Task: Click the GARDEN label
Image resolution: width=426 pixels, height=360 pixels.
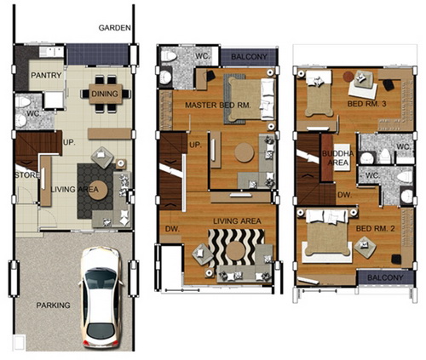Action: point(114,28)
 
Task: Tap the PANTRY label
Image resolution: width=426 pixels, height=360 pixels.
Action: point(46,75)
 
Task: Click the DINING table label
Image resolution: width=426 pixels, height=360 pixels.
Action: point(105,94)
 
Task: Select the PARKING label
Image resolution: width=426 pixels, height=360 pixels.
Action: point(53,306)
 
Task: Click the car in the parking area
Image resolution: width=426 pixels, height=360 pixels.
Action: point(101,297)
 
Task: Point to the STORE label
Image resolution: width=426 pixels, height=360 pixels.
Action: point(26,175)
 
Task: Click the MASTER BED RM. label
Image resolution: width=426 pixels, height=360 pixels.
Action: point(218,106)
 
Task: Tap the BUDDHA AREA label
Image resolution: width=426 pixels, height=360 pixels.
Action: point(338,158)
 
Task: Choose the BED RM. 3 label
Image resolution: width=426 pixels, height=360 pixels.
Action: point(366,104)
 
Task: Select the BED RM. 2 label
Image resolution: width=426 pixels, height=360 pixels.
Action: point(375,229)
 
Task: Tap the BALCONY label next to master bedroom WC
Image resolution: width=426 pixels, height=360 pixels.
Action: point(249,57)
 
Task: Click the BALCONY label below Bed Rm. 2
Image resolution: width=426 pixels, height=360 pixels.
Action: point(385,277)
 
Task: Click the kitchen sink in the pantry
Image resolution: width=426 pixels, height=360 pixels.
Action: point(51,52)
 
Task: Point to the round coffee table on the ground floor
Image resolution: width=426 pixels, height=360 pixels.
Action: point(98,190)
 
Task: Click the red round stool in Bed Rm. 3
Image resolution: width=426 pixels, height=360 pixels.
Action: point(348,76)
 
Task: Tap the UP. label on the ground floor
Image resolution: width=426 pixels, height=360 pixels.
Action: point(69,142)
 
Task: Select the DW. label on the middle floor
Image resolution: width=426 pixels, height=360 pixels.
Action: point(172,229)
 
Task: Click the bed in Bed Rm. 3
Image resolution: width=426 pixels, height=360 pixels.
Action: point(319,94)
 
